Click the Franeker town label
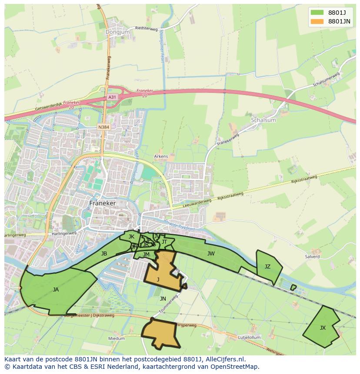pos(103,203)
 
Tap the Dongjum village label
pos(114,32)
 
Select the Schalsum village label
pos(263,120)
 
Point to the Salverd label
pos(312,257)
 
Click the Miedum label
pos(117,338)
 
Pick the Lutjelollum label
pos(249,337)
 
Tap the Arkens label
pos(161,156)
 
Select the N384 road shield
pos(103,127)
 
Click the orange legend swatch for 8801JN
pos(317,21)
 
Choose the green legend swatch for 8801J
pos(317,12)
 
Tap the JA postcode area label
pos(56,289)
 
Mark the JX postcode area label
pos(322,328)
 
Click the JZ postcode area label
pos(267,267)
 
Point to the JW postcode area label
pos(211,254)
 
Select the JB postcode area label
pos(104,254)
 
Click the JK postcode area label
pos(131,237)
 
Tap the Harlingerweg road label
pos(15,235)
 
